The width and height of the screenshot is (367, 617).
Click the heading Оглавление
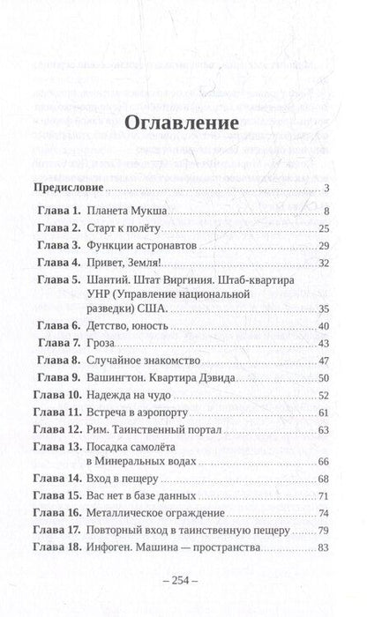tap(183, 124)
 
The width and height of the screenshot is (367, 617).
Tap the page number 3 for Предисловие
tap(326, 190)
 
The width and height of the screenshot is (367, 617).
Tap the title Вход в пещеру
tap(131, 502)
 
